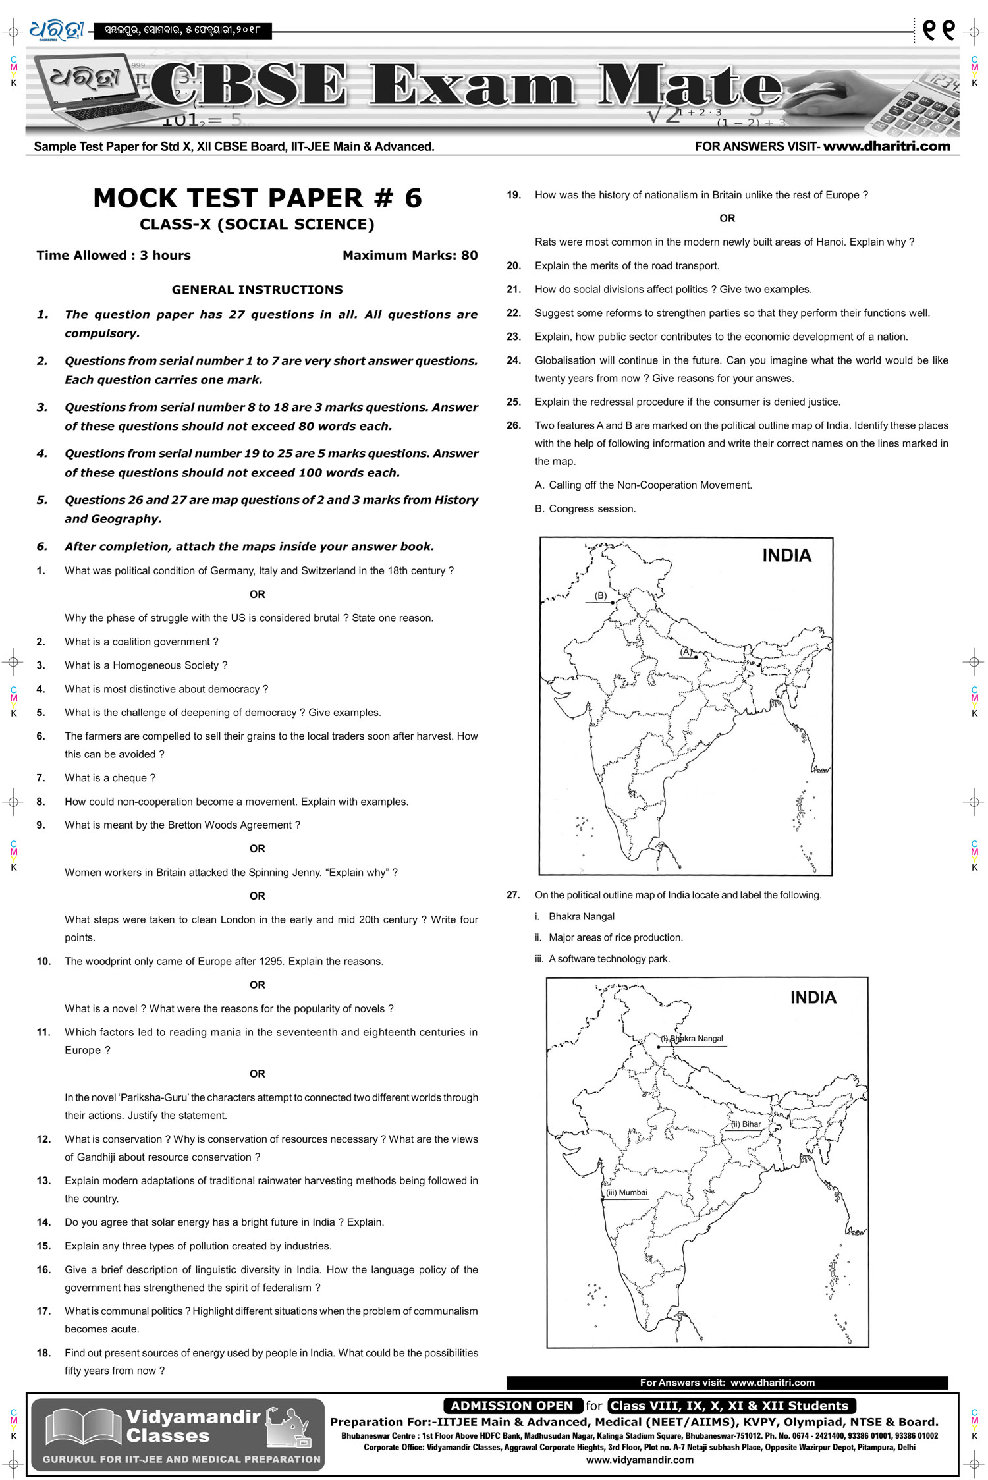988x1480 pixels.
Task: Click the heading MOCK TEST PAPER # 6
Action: pyautogui.click(x=258, y=198)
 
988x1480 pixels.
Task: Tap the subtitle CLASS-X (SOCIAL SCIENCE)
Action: pyautogui.click(x=257, y=225)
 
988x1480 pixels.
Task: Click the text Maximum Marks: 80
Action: pyautogui.click(x=410, y=256)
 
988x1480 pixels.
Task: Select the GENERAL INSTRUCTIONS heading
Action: pyautogui.click(x=257, y=290)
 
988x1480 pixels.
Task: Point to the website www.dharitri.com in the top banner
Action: pyautogui.click(x=887, y=146)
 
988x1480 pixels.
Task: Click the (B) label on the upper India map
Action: pyautogui.click(x=601, y=595)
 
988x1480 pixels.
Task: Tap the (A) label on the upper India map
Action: pyautogui.click(x=686, y=651)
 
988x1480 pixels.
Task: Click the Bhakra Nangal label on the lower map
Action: pyautogui.click(x=696, y=1038)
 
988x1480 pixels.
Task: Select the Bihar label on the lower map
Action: pyautogui.click(x=747, y=1124)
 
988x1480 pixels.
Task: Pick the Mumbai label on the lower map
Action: pyautogui.click(x=627, y=1192)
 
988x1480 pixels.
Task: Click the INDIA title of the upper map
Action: pyautogui.click(x=786, y=556)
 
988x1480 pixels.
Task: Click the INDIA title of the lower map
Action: pyautogui.click(x=813, y=997)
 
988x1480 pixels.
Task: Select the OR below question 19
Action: pyautogui.click(x=727, y=219)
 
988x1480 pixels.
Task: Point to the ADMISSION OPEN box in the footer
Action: pyautogui.click(x=512, y=1406)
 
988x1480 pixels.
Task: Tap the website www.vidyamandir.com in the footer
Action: pyautogui.click(x=640, y=1460)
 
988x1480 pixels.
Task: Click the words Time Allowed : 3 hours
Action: pyautogui.click(x=113, y=256)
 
